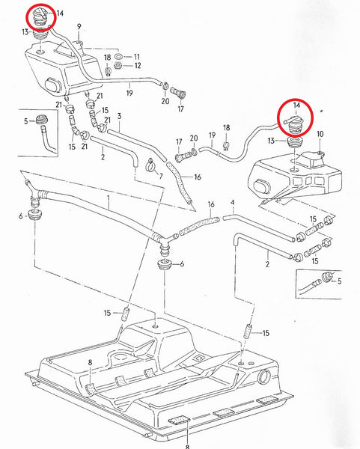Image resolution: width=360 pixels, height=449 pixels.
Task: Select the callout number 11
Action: [x=137, y=57]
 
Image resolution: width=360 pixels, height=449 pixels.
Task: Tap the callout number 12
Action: [x=137, y=66]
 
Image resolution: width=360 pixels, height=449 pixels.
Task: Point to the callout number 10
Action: [x=321, y=134]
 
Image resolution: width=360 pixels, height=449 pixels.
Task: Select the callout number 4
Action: [x=233, y=202]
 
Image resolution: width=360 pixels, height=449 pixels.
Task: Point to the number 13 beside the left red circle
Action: [x=25, y=32]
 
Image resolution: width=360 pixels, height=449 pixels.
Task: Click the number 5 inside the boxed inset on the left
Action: [x=25, y=120]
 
